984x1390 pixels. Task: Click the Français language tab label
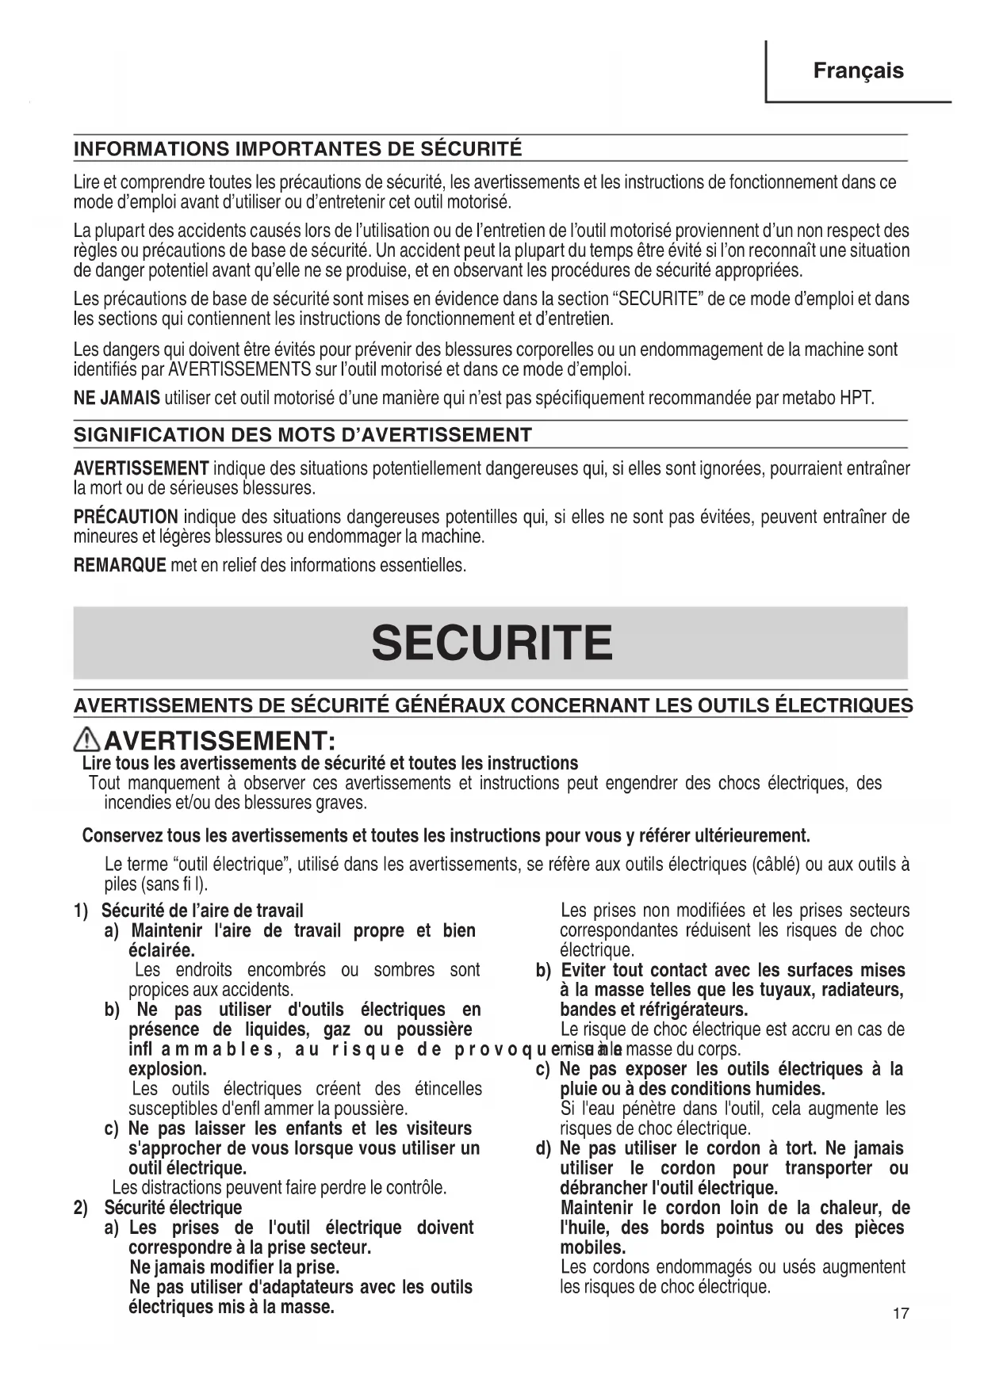coord(858,71)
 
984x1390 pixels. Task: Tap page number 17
coord(901,1314)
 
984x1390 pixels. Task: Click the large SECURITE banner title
coord(492,643)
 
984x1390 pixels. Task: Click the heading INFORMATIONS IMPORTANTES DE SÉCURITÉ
coord(297,148)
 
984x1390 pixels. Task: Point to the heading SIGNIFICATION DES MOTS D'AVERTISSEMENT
coord(302,434)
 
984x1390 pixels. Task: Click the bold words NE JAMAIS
coord(117,398)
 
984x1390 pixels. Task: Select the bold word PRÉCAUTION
coord(125,517)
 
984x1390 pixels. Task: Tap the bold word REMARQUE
coord(120,566)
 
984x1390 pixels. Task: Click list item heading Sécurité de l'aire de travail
coord(203,911)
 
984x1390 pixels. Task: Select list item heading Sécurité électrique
coord(173,1208)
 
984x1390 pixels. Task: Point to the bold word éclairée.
coord(162,950)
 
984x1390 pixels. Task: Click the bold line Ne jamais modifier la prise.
coord(234,1267)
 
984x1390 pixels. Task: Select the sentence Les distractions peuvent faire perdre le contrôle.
coord(280,1188)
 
